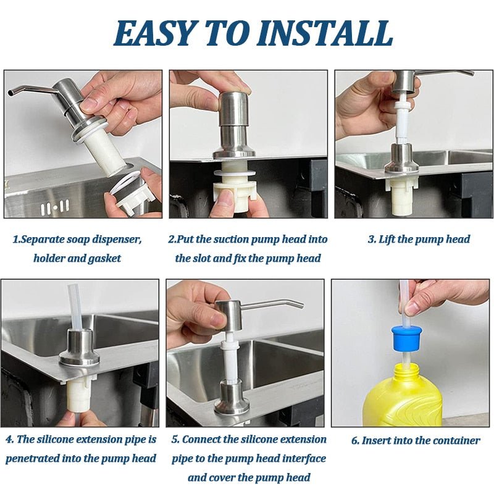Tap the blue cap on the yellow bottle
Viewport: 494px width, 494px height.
point(406,337)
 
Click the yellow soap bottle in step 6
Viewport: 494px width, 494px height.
point(403,395)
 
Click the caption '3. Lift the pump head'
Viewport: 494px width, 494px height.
point(419,239)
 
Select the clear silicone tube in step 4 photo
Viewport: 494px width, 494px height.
point(76,306)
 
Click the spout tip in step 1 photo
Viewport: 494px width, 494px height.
point(11,93)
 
